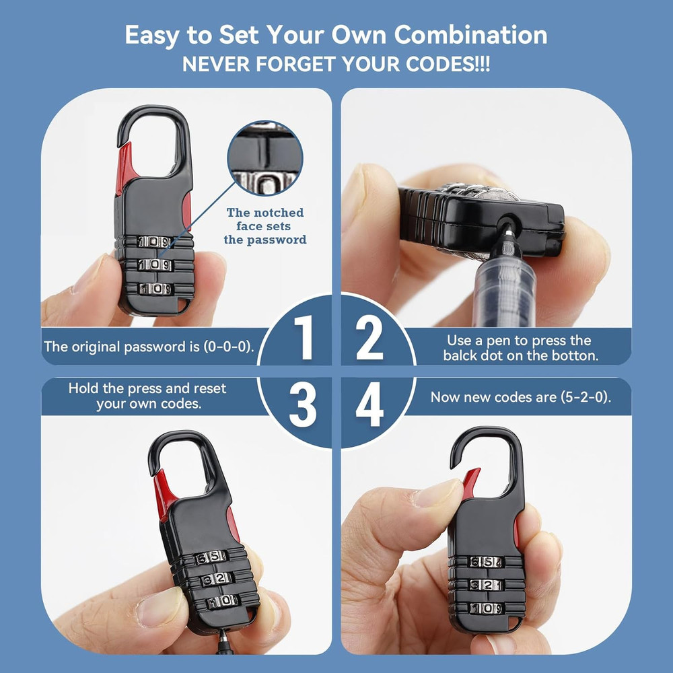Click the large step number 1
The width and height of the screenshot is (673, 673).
tap(305, 339)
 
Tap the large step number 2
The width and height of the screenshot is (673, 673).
tap(369, 339)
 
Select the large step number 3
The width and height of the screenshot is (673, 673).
tap(303, 406)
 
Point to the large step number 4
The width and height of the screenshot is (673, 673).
tap(369, 406)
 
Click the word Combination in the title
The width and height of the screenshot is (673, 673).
tap(471, 35)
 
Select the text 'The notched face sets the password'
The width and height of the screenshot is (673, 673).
tap(265, 226)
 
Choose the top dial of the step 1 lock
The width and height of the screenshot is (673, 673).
tap(154, 242)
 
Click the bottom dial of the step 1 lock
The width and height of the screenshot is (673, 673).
tap(155, 289)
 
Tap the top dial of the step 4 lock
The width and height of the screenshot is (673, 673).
tap(485, 563)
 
